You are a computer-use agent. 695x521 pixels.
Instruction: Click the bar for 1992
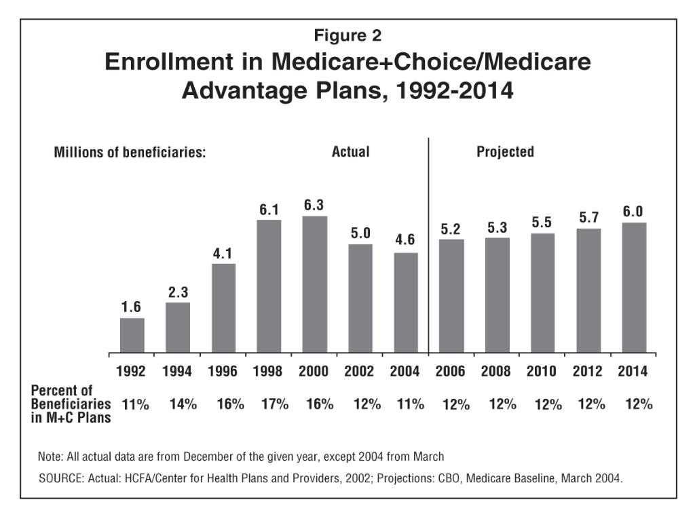pos(132,336)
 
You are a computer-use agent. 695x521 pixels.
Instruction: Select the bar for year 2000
pos(314,285)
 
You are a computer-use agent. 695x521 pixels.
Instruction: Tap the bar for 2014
pos(634,288)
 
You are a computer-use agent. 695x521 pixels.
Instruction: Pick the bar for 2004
pos(406,303)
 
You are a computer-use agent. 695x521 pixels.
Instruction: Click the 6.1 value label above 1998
pos(269,210)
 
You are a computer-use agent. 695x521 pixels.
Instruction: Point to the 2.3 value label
pos(178,292)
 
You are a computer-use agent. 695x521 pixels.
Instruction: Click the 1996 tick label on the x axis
pos(223,372)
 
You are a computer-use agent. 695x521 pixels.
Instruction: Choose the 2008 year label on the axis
pos(496,372)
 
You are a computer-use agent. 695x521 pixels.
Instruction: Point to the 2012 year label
pos(588,372)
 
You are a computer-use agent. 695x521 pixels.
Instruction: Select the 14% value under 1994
pos(183,404)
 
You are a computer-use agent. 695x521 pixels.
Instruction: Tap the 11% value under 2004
pos(410,404)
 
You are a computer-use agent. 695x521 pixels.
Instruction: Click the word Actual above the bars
pos(350,152)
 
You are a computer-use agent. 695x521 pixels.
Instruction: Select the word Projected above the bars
pos(505,152)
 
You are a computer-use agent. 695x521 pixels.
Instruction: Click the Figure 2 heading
pos(347,35)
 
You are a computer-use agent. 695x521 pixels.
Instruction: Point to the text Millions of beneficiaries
pos(130,153)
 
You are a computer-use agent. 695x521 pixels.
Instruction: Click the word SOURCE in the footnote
pos(60,478)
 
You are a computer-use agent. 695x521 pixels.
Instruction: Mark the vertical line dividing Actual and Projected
pos(428,244)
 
